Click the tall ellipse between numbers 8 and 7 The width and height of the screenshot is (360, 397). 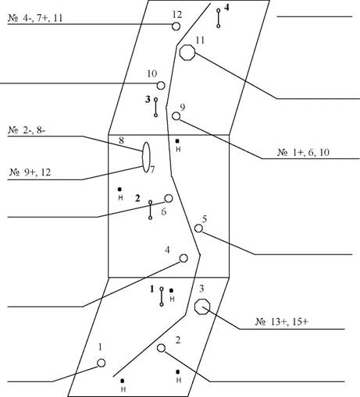143,157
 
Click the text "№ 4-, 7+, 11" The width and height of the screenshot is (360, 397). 35,18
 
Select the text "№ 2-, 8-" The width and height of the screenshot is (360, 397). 27,130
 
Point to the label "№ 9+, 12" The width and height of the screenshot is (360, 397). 30,172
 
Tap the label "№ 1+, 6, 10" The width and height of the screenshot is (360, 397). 304,152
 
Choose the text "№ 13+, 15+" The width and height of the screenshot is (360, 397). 282,321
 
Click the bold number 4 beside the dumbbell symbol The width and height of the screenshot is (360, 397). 226,8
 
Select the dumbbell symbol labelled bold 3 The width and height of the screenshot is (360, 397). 155,107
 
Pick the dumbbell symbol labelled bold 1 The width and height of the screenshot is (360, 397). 162,296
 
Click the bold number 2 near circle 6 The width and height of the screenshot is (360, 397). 137,198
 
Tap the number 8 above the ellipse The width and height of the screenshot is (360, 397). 121,140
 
